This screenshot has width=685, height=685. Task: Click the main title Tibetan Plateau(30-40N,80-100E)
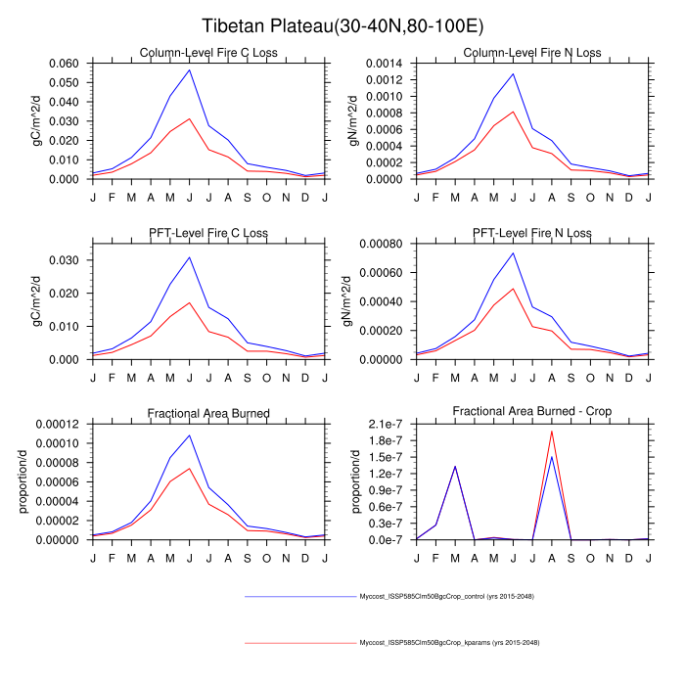point(342,25)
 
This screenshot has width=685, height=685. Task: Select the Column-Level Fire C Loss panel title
point(208,52)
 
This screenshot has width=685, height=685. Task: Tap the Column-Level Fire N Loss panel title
point(531,52)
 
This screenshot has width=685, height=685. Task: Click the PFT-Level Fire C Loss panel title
point(208,233)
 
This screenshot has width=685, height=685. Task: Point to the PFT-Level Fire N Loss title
point(531,233)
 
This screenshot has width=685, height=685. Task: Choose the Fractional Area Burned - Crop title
point(531,412)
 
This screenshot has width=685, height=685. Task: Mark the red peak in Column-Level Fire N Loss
point(513,111)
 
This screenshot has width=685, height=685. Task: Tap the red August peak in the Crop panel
point(551,432)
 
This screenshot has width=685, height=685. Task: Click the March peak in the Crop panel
point(455,466)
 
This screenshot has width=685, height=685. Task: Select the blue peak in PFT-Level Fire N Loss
point(513,252)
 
